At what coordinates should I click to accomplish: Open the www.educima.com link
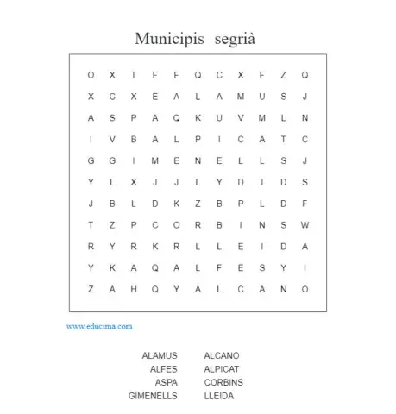[99, 327]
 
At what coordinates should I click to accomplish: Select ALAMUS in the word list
[160, 355]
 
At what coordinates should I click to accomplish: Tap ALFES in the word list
[163, 369]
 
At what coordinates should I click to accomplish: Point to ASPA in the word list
[167, 382]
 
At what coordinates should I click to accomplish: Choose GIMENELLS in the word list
[153, 395]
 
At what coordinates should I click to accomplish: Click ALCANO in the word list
[222, 355]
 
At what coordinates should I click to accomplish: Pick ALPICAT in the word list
[223, 369]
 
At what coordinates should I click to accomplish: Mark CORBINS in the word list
[223, 382]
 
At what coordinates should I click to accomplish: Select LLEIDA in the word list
[219, 395]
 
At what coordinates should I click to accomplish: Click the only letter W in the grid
[305, 225]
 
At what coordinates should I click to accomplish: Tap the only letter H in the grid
[134, 290]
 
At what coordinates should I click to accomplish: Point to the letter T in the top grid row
[134, 75]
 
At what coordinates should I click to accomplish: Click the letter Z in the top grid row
[284, 75]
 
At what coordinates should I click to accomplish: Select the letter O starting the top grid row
[91, 75]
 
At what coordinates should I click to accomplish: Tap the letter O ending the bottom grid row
[305, 290]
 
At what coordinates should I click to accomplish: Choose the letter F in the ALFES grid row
[220, 268]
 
